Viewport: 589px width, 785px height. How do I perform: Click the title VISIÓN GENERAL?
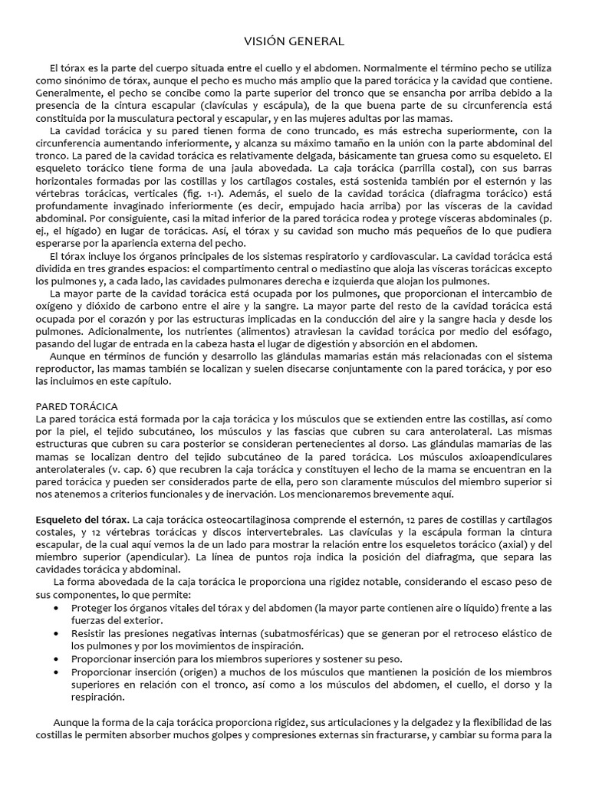294,41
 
